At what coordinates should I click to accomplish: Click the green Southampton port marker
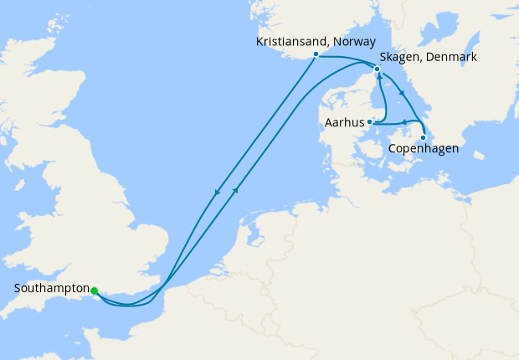pos(94,291)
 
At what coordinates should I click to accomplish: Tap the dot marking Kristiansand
pos(315,54)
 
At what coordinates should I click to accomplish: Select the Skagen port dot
pos(377,69)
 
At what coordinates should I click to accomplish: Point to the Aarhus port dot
pos(369,122)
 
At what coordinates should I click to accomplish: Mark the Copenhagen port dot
pos(424,137)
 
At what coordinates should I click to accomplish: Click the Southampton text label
pos(52,290)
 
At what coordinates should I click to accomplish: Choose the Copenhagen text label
pos(424,152)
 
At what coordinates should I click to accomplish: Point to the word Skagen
pos(400,57)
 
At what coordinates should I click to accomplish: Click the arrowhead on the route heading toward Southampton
pos(218,193)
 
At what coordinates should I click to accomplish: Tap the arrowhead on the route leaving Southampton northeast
pos(236,190)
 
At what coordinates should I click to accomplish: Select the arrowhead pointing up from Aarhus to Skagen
pos(380,77)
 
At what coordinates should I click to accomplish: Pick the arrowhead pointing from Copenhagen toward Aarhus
pos(404,122)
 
